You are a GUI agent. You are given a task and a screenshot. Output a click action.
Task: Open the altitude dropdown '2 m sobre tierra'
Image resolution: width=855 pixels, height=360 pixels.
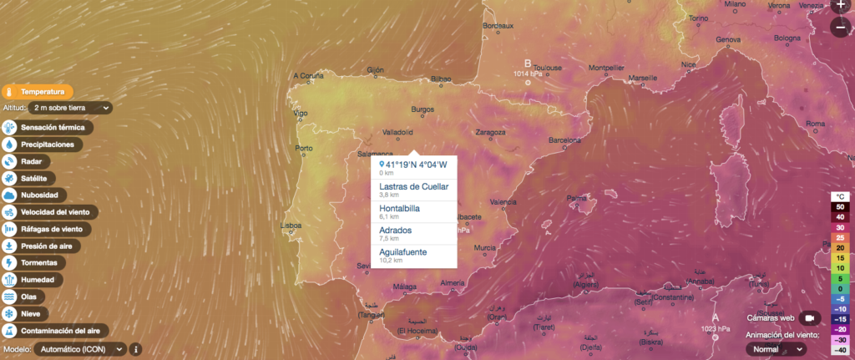coord(70,108)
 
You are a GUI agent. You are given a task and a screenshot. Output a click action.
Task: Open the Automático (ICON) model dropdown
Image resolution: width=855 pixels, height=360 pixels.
coord(78,349)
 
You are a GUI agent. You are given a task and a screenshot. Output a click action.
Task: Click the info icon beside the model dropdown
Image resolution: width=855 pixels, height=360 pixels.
coord(136,349)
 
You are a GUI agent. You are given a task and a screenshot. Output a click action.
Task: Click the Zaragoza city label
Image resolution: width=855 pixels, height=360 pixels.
coord(490,132)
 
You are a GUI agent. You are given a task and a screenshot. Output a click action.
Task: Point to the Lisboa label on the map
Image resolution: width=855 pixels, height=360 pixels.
coord(291,225)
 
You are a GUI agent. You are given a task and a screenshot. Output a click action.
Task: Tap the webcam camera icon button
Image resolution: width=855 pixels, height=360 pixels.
coord(808,318)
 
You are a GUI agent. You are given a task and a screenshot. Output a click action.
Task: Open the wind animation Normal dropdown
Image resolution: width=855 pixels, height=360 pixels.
coord(776,349)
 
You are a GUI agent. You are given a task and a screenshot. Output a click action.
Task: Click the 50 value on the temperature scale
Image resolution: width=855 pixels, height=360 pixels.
coord(840,206)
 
